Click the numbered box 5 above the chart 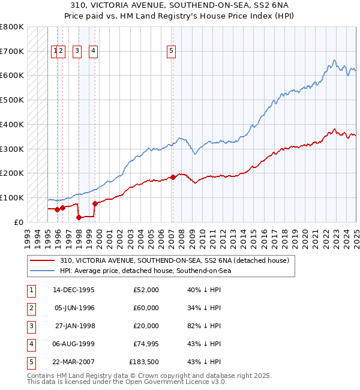tap(172, 52)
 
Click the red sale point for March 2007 tap(173, 177)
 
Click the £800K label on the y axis tap(12, 27)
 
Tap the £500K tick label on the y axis tap(12, 100)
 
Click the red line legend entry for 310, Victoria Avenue tap(174, 260)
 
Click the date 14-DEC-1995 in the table tap(74, 290)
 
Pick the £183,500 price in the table tap(144, 362)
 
